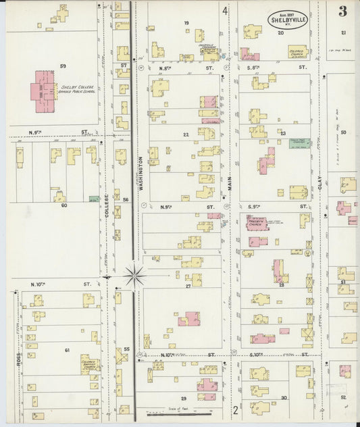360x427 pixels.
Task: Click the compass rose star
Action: [x=135, y=275]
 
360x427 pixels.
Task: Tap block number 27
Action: [x=188, y=286]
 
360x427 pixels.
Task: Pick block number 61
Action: [x=67, y=350]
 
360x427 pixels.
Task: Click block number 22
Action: [x=185, y=134]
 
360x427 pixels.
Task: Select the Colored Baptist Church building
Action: [x=89, y=365]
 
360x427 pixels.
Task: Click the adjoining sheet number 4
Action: [x=225, y=11]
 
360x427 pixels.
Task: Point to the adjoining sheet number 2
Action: [x=235, y=409]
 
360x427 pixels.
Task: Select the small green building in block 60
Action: [x=93, y=199]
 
